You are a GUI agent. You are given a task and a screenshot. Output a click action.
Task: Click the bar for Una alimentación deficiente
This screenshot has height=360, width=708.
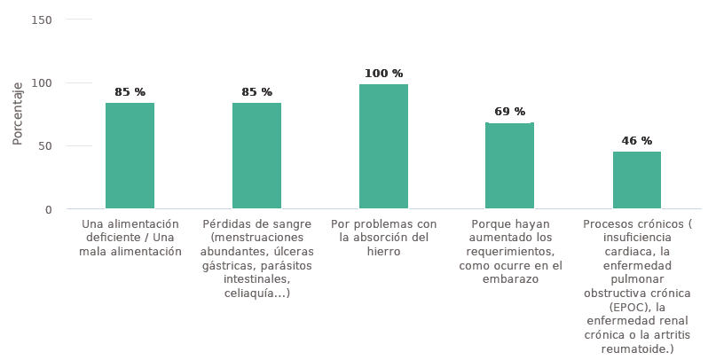[130, 156]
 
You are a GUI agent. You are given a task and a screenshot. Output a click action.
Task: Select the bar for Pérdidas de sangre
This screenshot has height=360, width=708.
[256, 156]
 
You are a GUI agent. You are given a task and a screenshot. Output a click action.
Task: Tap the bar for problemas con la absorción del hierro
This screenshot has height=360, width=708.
[383, 147]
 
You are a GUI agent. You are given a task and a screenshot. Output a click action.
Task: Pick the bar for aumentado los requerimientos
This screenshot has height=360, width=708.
[509, 166]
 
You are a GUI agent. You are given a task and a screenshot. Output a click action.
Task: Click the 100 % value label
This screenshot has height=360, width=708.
[383, 74]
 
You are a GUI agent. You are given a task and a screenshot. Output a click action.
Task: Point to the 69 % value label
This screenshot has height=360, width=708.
[509, 112]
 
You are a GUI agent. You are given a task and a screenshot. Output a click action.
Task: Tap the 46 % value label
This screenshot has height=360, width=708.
[636, 141]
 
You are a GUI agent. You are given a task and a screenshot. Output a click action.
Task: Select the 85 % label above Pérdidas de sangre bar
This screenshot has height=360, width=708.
[256, 92]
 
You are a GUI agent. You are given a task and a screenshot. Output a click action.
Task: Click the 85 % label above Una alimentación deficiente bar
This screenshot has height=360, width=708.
[130, 92]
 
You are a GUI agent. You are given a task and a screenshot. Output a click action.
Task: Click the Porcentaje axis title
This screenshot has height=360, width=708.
[18, 113]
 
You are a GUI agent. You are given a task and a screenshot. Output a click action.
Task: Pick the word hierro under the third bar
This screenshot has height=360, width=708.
[383, 252]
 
